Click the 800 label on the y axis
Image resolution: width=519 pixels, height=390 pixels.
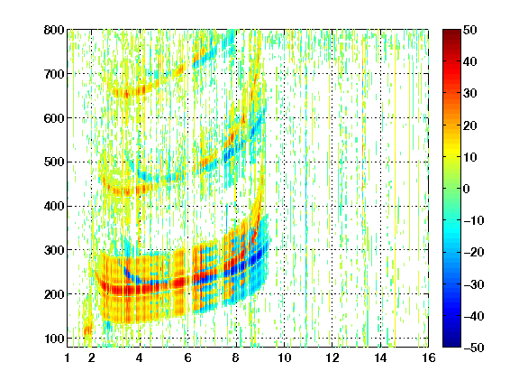pyautogui.click(x=54, y=30)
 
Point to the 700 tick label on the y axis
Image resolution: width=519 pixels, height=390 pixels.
pyautogui.click(x=54, y=74)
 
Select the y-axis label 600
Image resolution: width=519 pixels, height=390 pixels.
pyautogui.click(x=54, y=118)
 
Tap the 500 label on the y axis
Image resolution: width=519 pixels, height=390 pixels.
pyautogui.click(x=54, y=162)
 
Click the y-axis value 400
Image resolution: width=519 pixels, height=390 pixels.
pyautogui.click(x=54, y=206)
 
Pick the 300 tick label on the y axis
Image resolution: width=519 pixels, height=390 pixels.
pyautogui.click(x=54, y=250)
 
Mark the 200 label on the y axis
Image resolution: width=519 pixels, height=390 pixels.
pyautogui.click(x=54, y=294)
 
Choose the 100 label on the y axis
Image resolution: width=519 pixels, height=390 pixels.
pyautogui.click(x=54, y=339)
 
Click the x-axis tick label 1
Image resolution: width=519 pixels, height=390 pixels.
pyautogui.click(x=68, y=357)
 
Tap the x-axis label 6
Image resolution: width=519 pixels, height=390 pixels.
pyautogui.click(x=187, y=357)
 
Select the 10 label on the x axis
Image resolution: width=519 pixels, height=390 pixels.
pyautogui.click(x=285, y=357)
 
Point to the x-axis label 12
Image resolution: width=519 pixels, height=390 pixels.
pyautogui.click(x=332, y=357)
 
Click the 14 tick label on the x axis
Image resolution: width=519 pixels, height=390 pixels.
pyautogui.click(x=380, y=357)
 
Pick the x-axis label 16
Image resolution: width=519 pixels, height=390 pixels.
pyautogui.click(x=429, y=357)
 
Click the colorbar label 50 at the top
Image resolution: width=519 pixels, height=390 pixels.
pyautogui.click(x=470, y=30)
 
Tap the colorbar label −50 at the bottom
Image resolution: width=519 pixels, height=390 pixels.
pyautogui.click(x=474, y=348)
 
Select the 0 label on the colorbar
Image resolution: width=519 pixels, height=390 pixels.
pyautogui.click(x=467, y=189)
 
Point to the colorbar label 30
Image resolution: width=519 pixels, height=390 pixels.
pyautogui.click(x=470, y=93)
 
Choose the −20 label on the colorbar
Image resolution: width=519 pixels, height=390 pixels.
pyautogui.click(x=474, y=252)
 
